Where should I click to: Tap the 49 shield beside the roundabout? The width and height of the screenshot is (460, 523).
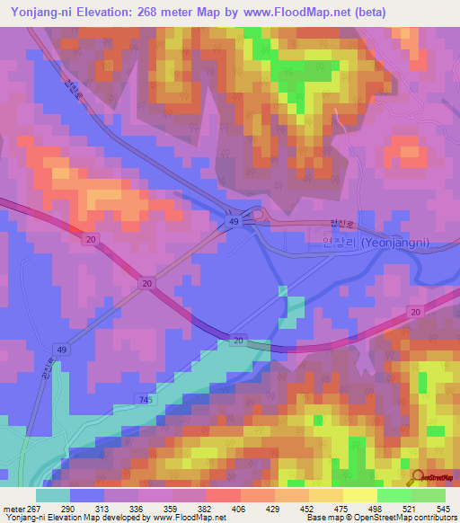click(233, 222)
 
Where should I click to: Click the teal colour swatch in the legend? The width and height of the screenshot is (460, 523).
click(53, 495)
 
